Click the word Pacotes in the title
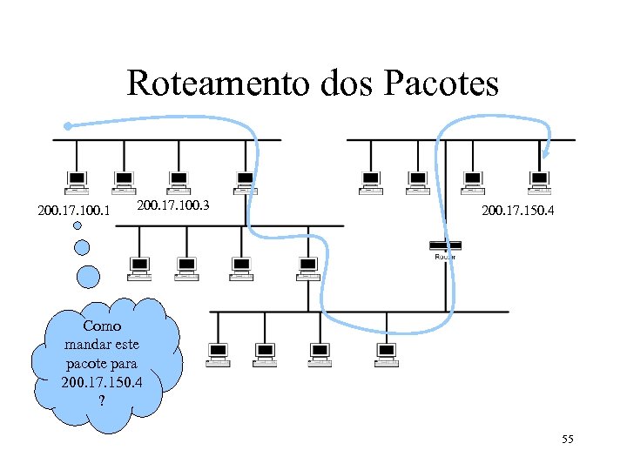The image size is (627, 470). pyautogui.click(x=443, y=84)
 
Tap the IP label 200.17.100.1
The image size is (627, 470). pyautogui.click(x=74, y=210)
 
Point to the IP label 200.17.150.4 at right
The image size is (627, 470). pyautogui.click(x=517, y=210)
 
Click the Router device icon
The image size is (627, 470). pyautogui.click(x=445, y=247)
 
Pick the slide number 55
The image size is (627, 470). pyautogui.click(x=567, y=440)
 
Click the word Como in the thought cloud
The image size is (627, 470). pyautogui.click(x=102, y=326)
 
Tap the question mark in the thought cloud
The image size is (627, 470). pyautogui.click(x=102, y=400)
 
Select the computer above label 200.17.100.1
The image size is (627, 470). pyautogui.click(x=77, y=181)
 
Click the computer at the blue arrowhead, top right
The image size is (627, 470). pyautogui.click(x=540, y=181)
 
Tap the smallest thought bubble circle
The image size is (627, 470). pyautogui.click(x=77, y=225)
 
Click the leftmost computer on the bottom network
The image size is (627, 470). pyautogui.click(x=218, y=353)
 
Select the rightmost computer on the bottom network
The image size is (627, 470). pyautogui.click(x=386, y=353)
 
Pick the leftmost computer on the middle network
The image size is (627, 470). pyautogui.click(x=138, y=268)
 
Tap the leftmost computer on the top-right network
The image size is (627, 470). pyautogui.click(x=371, y=181)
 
